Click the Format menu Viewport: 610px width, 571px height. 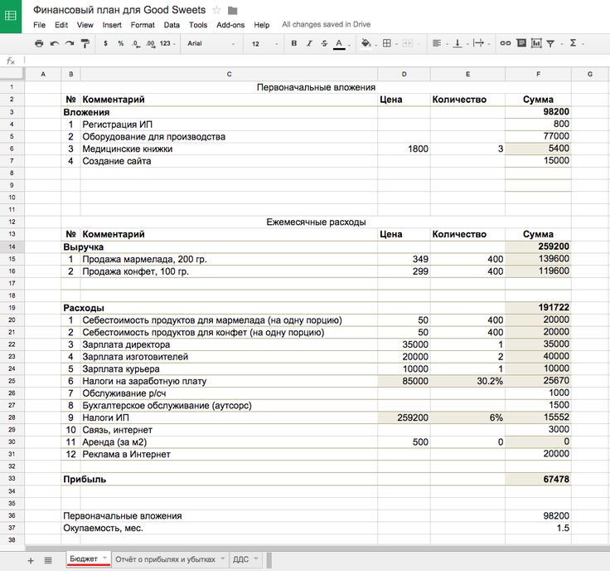pyautogui.click(x=143, y=25)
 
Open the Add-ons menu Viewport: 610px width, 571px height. pyautogui.click(x=230, y=25)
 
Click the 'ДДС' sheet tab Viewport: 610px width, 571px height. pyautogui.click(x=240, y=559)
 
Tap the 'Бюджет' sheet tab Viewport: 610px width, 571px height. pyautogui.click(x=84, y=559)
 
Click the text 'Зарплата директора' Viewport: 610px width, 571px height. pyautogui.click(x=126, y=344)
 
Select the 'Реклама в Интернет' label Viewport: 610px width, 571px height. pyautogui.click(x=126, y=454)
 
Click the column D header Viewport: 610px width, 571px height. pyautogui.click(x=404, y=75)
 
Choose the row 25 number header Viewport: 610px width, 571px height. pyautogui.click(x=12, y=381)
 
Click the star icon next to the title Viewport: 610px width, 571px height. pyautogui.click(x=217, y=9)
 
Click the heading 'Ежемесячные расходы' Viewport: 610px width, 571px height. pyautogui.click(x=316, y=222)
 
